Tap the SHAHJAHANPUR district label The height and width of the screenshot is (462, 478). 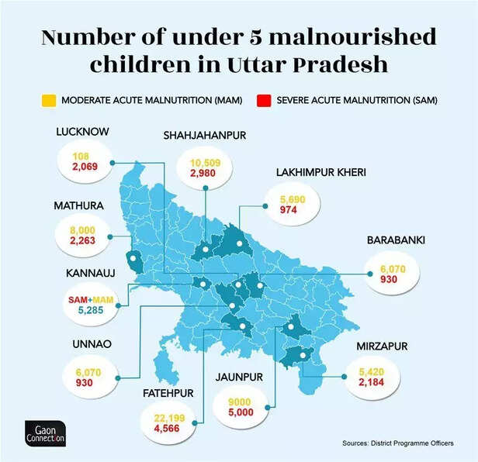[x=205, y=136]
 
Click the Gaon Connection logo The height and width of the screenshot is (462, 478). [x=44, y=433]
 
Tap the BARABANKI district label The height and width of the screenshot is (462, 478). [x=396, y=241]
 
